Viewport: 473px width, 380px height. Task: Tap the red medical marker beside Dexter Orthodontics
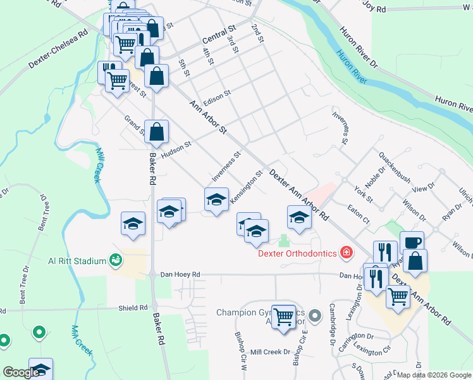[346, 253]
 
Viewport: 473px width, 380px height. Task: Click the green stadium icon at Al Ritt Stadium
[116, 259]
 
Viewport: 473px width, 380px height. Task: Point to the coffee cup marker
[412, 243]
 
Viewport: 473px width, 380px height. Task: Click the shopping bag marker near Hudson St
[157, 132]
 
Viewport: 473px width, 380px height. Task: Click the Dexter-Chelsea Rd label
[57, 48]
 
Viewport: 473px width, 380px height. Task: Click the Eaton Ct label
[358, 212]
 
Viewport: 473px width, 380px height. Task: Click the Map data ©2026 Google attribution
[433, 375]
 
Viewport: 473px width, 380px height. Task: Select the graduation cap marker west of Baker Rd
[133, 224]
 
